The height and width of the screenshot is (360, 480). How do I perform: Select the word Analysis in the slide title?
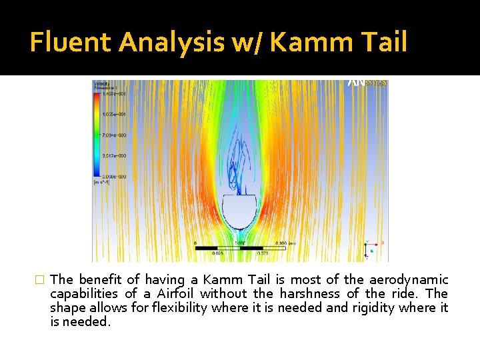[172, 42]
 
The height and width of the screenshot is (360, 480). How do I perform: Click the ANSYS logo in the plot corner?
[366, 84]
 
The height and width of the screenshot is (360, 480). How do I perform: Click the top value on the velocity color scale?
[114, 94]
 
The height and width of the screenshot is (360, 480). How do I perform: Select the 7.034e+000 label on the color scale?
[114, 135]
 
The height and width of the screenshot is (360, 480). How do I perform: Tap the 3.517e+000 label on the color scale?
[114, 156]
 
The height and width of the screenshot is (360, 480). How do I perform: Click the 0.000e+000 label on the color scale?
[114, 176]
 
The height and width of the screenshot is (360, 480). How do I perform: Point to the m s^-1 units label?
[101, 182]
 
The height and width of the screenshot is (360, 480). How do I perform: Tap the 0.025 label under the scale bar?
[217, 253]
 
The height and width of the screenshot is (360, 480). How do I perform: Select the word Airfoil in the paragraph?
[178, 294]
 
